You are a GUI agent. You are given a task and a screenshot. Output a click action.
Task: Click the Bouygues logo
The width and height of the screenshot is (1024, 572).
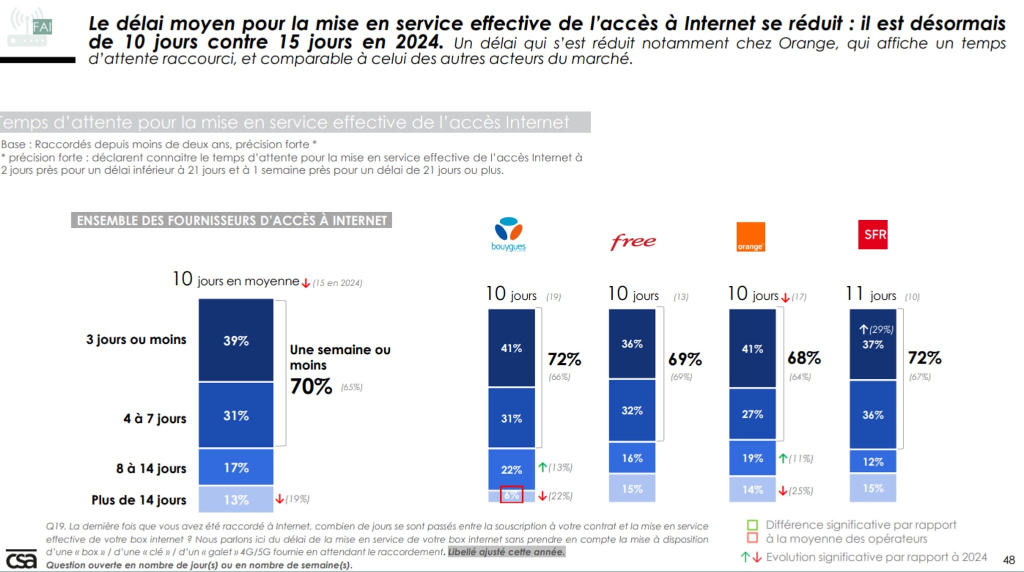click(x=508, y=233)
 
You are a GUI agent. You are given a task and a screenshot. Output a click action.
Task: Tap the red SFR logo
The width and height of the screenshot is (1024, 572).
click(x=872, y=234)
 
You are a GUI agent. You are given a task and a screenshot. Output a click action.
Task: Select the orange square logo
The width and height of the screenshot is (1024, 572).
click(x=750, y=237)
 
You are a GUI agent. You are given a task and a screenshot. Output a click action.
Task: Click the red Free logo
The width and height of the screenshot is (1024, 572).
click(x=633, y=241)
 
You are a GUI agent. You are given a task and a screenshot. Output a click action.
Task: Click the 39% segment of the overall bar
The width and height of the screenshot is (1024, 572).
click(x=236, y=340)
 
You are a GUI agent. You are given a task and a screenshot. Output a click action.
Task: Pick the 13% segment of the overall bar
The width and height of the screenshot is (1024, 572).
click(x=236, y=499)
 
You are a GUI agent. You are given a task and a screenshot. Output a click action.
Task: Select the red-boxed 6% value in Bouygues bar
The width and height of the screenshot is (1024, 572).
click(x=511, y=495)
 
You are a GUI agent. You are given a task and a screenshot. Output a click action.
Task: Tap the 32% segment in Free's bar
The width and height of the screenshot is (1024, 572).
click(x=632, y=410)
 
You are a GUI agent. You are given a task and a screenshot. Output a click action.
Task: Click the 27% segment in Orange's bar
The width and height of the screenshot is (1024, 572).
click(x=752, y=414)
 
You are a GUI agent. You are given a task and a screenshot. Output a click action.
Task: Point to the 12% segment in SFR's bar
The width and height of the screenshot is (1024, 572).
click(x=872, y=461)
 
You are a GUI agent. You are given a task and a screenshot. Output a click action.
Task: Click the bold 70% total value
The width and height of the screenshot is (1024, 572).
click(x=311, y=386)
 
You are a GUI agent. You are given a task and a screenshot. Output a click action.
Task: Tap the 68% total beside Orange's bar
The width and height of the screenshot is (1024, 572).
click(x=804, y=358)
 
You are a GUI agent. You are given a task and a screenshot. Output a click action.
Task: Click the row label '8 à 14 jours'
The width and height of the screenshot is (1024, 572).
click(x=151, y=468)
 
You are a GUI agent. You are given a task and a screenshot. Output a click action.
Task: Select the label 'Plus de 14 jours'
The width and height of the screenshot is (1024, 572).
click(x=139, y=500)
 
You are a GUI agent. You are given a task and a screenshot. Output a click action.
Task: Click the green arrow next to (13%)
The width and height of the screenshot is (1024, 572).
click(x=542, y=467)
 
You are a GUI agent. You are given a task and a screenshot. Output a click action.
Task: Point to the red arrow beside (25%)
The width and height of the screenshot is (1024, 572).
click(x=783, y=491)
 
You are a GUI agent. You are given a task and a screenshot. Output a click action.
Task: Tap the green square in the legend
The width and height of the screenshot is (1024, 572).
click(x=752, y=525)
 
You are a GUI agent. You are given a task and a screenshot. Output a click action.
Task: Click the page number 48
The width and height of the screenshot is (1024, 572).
click(x=1008, y=559)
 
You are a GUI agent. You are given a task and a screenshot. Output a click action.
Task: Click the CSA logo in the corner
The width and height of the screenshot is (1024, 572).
click(x=21, y=559)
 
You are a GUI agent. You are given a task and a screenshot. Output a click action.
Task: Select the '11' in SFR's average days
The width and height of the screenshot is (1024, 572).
click(x=854, y=293)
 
